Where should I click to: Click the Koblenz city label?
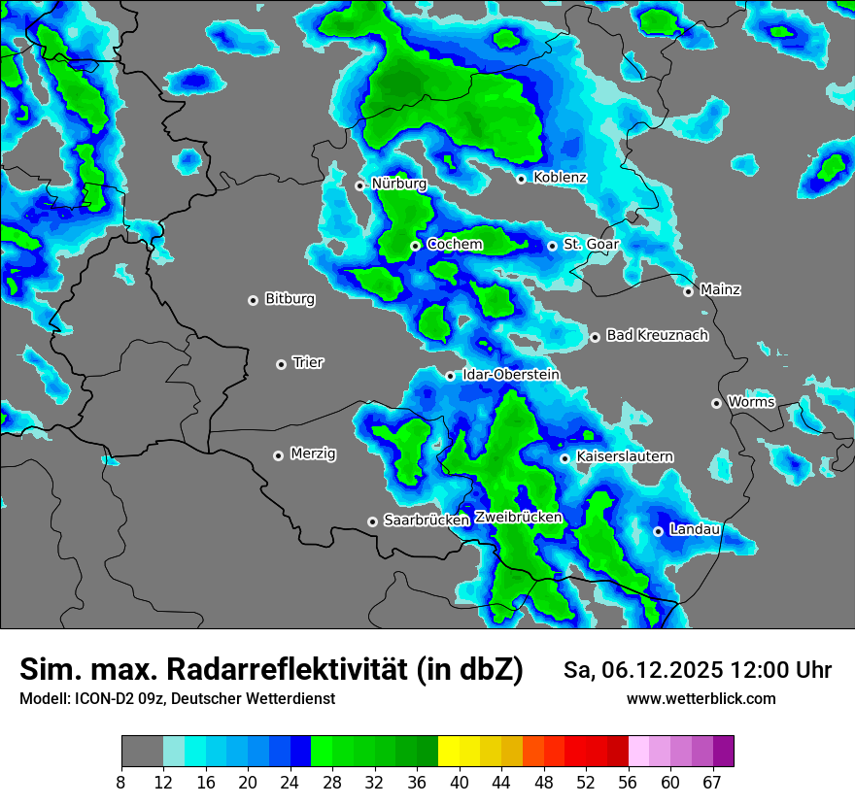coord(560,178)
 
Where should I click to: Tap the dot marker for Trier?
coord(282,364)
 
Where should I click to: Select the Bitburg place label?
coord(290,299)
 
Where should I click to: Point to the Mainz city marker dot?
coord(688,291)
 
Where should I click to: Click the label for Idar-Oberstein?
coord(511,375)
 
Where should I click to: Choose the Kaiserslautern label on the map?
coord(625,456)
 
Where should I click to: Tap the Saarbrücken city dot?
coord(372,521)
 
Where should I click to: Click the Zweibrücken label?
coord(519,518)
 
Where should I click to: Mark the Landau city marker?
coord(658,531)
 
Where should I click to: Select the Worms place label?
coord(751,402)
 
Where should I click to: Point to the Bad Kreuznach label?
coord(657,335)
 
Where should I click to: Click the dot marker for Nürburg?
coord(359,185)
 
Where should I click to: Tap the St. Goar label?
coord(591,245)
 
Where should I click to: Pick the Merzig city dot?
coord(278,455)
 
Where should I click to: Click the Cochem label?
coord(455,245)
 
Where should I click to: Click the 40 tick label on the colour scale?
coord(460,783)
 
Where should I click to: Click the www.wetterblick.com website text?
coord(701,699)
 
